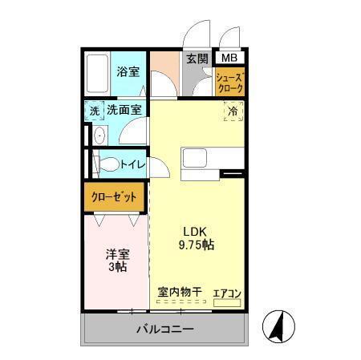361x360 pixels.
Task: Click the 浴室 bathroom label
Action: click(128, 72)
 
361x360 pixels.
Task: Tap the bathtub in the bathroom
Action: click(98, 75)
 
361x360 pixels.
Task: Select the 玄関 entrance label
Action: click(197, 59)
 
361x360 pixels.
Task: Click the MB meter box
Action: click(229, 58)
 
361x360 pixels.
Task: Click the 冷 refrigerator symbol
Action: click(231, 113)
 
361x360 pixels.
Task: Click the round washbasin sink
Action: click(99, 136)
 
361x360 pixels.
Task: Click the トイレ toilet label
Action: click(132, 165)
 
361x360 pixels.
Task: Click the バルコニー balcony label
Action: click(164, 330)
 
